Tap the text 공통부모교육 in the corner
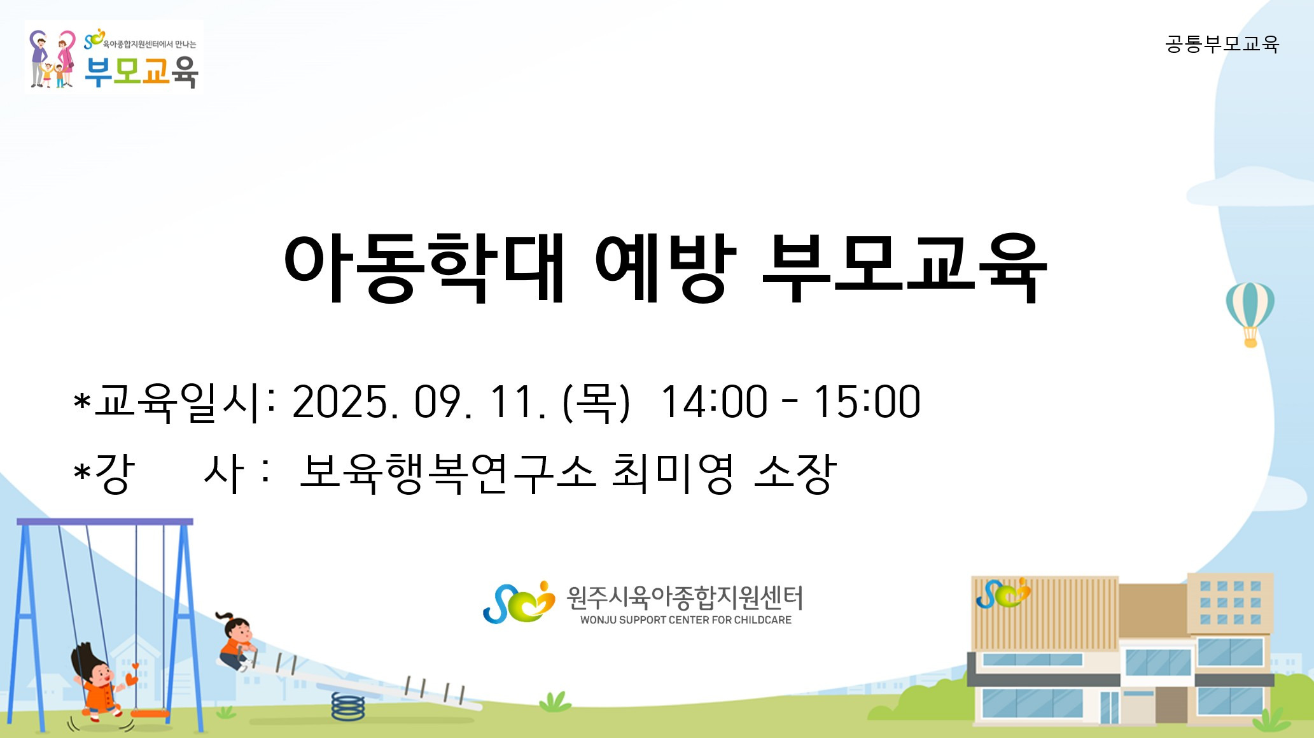coord(1222,44)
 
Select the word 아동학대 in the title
coord(424,267)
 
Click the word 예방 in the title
coord(666,267)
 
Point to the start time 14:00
coord(714,402)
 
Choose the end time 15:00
coord(867,402)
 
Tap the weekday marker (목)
coord(596,402)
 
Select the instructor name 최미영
coord(673,474)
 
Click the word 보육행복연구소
coord(447,474)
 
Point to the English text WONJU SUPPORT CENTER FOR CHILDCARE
coord(686,620)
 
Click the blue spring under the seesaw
coord(348,707)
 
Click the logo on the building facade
coord(1003,593)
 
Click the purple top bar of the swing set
coord(105,522)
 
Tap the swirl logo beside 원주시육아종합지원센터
coord(519,602)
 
